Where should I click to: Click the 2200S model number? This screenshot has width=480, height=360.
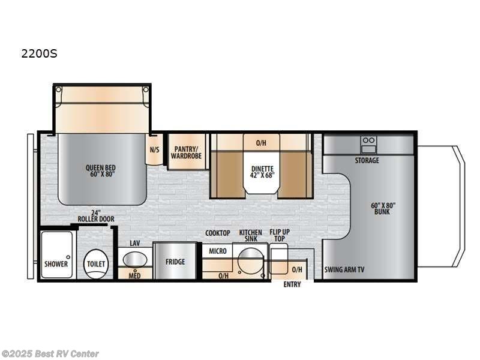39,53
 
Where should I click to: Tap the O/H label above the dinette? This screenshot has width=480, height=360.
262,143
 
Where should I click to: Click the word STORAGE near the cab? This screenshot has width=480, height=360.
367,161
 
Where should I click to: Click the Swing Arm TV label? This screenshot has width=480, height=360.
344,269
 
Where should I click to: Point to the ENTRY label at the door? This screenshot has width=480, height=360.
292,284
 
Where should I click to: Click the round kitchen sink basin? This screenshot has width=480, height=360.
250,261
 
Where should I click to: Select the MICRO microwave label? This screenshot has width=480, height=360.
218,251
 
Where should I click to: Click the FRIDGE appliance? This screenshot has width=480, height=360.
175,262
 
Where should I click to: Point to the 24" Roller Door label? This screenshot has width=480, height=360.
95,215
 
